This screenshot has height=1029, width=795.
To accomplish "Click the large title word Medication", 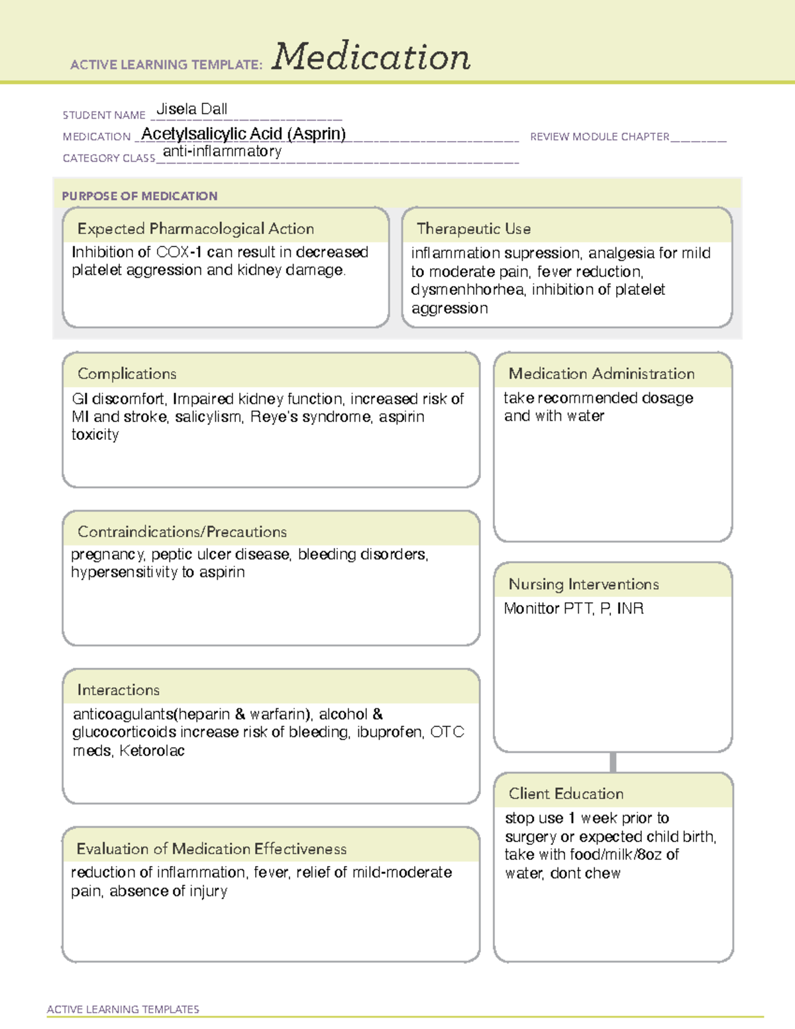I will [x=371, y=57].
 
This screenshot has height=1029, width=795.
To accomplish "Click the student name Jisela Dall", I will [x=191, y=109].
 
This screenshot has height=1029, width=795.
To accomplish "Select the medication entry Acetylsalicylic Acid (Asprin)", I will [x=243, y=134].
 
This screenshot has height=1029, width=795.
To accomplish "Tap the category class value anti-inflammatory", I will [x=222, y=152].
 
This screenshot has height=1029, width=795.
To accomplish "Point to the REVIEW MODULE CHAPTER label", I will [x=600, y=137].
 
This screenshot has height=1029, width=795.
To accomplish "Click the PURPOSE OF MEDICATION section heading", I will [x=139, y=196].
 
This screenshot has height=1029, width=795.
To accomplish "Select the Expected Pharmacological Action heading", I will [x=195, y=229].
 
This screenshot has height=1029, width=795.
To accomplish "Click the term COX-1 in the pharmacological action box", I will [x=179, y=252].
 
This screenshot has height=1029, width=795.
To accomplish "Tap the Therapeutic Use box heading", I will [x=473, y=229].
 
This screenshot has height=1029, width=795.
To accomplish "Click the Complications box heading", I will [x=127, y=374].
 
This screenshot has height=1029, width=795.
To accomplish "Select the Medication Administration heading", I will [x=601, y=374].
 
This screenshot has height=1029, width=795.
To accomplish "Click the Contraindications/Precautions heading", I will [x=182, y=532].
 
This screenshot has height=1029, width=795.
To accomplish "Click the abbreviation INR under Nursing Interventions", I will [x=630, y=608].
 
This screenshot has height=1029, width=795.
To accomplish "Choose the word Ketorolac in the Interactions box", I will [x=152, y=751].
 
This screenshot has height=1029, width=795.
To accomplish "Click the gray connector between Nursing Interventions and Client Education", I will [x=613, y=762].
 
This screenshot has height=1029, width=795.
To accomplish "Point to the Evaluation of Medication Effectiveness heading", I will [x=211, y=849].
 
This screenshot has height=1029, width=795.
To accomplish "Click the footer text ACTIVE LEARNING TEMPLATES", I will [x=123, y=1009].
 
